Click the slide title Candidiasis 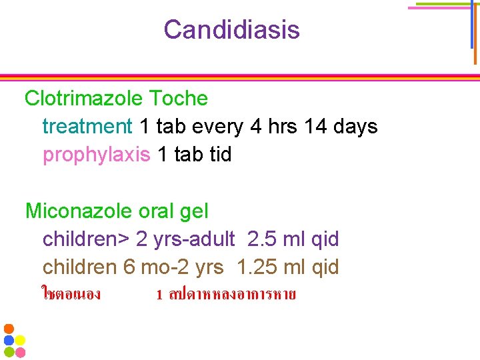tap(231, 29)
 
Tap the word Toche tap(179, 99)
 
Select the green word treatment tap(87, 126)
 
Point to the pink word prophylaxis tap(96, 154)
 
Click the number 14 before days tap(314, 126)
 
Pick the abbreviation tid tap(220, 154)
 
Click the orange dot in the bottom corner tap(9, 329)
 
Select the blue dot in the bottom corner tap(9, 340)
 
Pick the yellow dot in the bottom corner tap(20, 340)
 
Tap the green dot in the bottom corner tap(9, 351)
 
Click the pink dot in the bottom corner tap(20, 351)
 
